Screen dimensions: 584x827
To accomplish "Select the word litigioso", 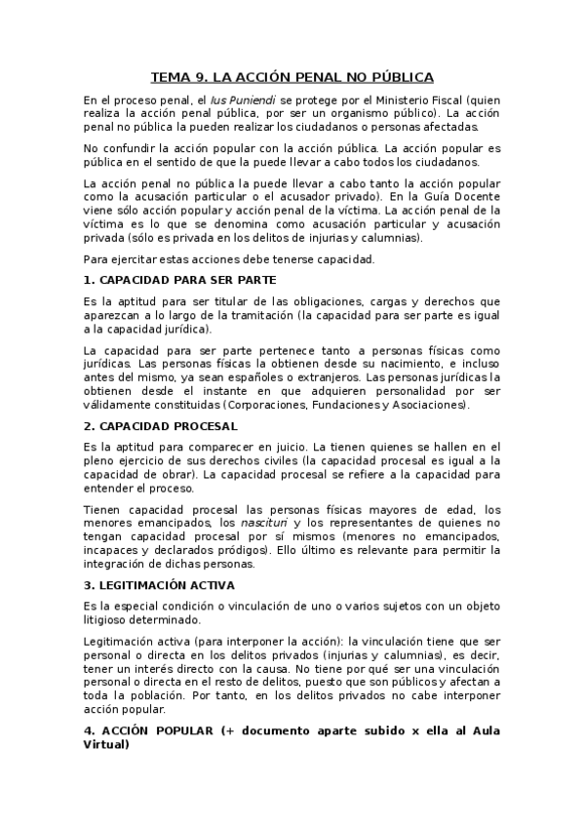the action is [110, 619].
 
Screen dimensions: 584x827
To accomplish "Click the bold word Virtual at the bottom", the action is [106, 745].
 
